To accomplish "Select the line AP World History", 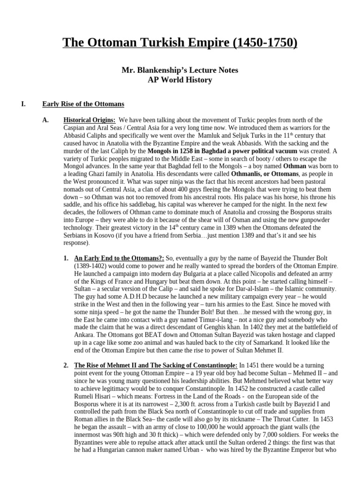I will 180,80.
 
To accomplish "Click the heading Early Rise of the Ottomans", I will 83,104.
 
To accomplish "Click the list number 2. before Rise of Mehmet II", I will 66,365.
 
